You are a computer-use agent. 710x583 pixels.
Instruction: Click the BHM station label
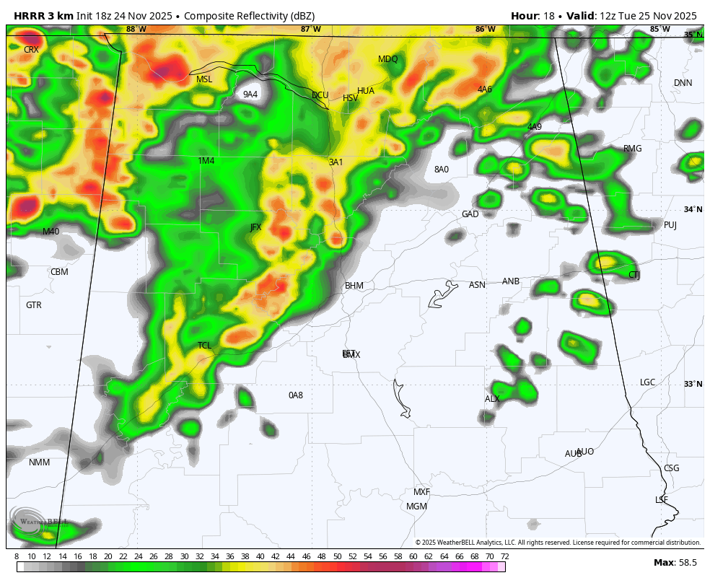pyautogui.click(x=354, y=286)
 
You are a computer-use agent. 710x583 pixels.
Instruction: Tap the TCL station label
pyautogui.click(x=205, y=346)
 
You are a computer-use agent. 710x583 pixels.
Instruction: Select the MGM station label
pyautogui.click(x=416, y=507)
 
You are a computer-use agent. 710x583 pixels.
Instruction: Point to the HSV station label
pyautogui.click(x=351, y=98)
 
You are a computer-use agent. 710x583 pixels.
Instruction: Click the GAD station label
pyautogui.click(x=470, y=214)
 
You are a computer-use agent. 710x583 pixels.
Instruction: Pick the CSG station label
pyautogui.click(x=671, y=468)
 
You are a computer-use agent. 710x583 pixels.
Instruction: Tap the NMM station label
pyautogui.click(x=40, y=463)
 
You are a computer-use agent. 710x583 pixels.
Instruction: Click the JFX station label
pyautogui.click(x=256, y=227)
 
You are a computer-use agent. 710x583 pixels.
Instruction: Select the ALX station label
pyautogui.click(x=492, y=399)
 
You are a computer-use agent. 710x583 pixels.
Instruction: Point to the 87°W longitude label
pyautogui.click(x=311, y=30)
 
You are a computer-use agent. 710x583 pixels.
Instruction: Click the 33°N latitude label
pyautogui.click(x=693, y=384)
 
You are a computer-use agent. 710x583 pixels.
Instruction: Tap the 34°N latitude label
pyautogui.click(x=693, y=209)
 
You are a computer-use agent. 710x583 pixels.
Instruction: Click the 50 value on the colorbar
pyautogui.click(x=337, y=556)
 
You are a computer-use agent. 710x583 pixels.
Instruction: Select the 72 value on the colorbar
pyautogui.click(x=504, y=556)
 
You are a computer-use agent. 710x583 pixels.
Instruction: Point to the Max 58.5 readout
pyautogui.click(x=675, y=563)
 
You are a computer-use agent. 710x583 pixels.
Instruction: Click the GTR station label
pyautogui.click(x=34, y=305)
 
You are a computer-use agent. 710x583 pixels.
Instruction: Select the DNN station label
pyautogui.click(x=683, y=83)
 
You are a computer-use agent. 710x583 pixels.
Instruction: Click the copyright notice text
pyautogui.click(x=558, y=543)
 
